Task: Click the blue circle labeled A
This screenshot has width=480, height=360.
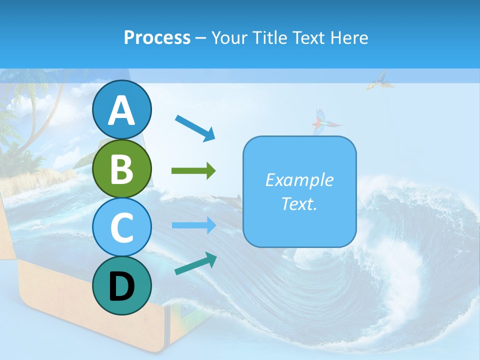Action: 121,109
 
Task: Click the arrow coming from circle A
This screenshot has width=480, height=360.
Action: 195,127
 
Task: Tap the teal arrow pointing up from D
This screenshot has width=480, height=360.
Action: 195,263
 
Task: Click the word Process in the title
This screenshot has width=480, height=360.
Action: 157,37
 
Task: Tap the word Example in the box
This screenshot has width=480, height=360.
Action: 299,180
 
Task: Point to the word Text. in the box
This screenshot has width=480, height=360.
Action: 299,203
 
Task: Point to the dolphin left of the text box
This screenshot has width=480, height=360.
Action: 227,200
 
